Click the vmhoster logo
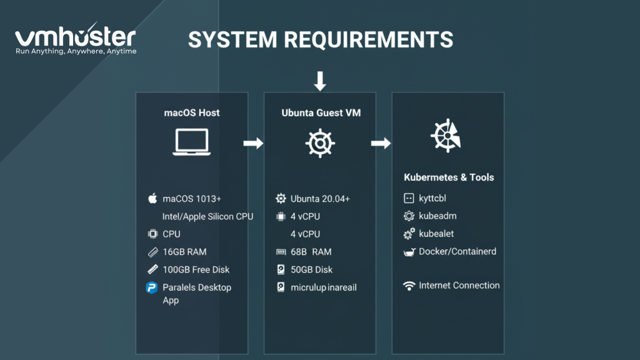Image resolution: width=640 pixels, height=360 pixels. (75, 40)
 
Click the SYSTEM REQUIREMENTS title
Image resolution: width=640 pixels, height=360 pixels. (321, 39)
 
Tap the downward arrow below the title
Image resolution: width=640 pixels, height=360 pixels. (320, 81)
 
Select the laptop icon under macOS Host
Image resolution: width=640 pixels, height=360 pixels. (192, 142)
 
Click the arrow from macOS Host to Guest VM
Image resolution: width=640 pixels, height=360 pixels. (252, 144)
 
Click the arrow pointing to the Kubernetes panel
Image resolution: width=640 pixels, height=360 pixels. (381, 144)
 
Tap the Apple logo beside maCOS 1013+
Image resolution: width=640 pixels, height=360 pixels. (152, 199)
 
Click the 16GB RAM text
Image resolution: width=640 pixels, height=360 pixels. (184, 252)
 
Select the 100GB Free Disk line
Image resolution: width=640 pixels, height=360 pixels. (196, 269)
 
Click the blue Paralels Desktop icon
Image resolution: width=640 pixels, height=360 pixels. (152, 287)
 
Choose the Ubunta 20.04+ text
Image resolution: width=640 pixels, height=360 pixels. (320, 199)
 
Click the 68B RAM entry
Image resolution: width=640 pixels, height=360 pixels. (311, 252)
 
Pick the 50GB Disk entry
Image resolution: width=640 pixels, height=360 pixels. (311, 269)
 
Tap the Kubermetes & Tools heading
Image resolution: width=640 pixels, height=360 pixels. (449, 177)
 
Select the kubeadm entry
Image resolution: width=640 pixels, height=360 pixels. (437, 216)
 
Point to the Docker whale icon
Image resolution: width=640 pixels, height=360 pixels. (409, 252)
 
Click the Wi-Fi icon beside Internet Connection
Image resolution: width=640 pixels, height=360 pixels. (409, 286)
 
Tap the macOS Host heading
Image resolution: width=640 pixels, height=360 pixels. (192, 113)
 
